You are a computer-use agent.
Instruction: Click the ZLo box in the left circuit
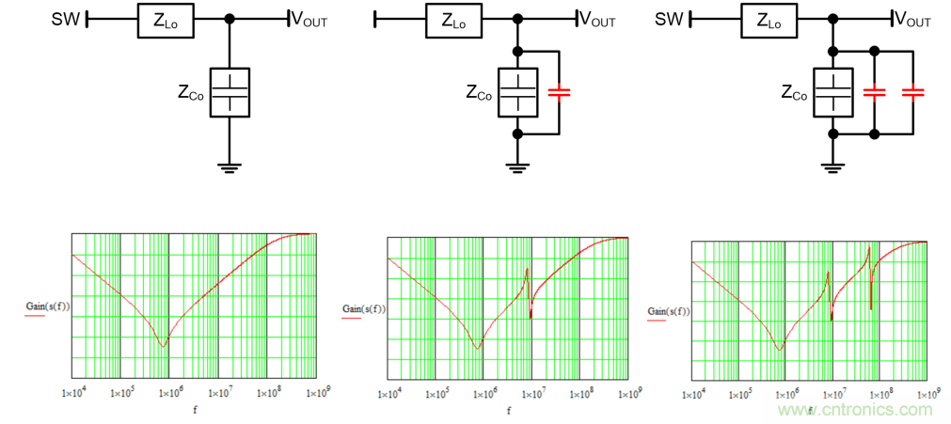tap(165, 20)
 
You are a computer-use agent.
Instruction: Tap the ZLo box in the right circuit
tap(768, 20)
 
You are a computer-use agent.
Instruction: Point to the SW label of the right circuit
tap(669, 20)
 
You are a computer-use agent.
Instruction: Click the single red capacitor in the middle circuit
tap(560, 92)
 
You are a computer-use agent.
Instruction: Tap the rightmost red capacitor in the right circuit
tap(912, 92)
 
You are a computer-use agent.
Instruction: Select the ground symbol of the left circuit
tap(230, 167)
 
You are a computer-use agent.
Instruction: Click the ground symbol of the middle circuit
tap(517, 167)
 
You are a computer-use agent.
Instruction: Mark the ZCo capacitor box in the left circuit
tap(230, 92)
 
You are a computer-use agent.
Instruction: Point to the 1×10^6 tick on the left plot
tap(169, 389)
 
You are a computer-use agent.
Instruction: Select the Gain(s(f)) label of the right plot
tap(669, 311)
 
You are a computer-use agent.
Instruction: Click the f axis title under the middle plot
tap(509, 410)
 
